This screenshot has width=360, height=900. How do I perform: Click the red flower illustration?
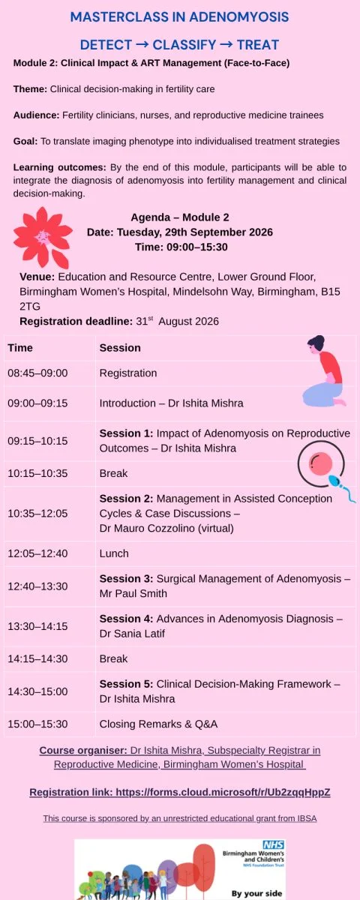43,238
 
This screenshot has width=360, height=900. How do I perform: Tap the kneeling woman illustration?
325,370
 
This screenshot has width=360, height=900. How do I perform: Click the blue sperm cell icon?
341,487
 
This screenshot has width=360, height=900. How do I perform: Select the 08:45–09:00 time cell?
37,373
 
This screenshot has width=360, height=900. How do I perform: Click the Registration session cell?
128,373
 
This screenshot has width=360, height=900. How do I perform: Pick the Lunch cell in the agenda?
114,553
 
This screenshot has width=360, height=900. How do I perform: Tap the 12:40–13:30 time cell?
37,586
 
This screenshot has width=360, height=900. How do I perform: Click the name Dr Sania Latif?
132,634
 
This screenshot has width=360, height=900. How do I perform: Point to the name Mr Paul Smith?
133,593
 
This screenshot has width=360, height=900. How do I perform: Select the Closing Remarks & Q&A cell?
158,724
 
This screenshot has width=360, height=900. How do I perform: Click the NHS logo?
274,845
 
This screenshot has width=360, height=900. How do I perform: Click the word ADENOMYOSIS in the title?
239,16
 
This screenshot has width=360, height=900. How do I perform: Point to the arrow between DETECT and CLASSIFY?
142,44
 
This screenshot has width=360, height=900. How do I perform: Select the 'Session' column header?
120,348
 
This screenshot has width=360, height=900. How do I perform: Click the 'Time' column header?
20,348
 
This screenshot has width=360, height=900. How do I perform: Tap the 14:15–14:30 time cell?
37,658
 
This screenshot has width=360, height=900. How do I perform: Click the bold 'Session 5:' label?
126,684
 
